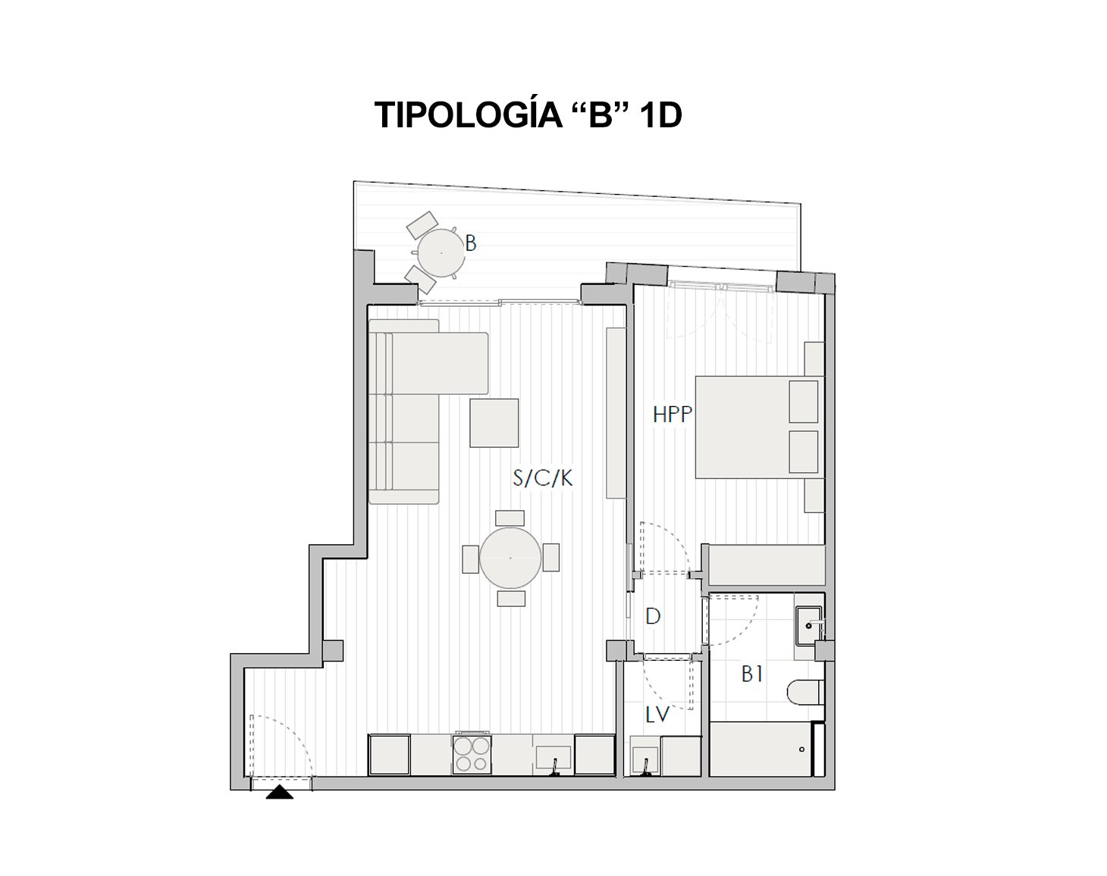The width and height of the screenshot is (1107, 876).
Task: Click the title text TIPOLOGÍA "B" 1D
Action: (528, 116)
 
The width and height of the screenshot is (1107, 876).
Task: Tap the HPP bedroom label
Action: (673, 414)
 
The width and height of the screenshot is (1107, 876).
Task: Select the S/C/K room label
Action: (543, 478)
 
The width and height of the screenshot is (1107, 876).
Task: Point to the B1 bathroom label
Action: (751, 674)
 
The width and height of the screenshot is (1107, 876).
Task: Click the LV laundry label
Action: (657, 714)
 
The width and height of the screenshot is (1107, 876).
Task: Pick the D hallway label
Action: (653, 616)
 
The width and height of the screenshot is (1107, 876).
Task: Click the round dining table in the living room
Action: (510, 558)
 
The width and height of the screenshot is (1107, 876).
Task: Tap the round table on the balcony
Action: (441, 252)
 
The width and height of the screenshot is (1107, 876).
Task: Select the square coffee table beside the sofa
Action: (494, 423)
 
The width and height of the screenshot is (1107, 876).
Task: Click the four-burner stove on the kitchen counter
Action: (472, 754)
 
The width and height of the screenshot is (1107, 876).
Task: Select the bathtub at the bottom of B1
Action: (761, 749)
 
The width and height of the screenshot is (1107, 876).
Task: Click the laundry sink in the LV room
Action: (645, 759)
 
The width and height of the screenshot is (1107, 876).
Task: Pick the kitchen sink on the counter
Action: (553, 758)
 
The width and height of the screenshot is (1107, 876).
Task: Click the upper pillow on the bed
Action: (803, 402)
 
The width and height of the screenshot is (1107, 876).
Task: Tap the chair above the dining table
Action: (510, 518)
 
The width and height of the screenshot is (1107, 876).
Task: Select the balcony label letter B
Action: (471, 243)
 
